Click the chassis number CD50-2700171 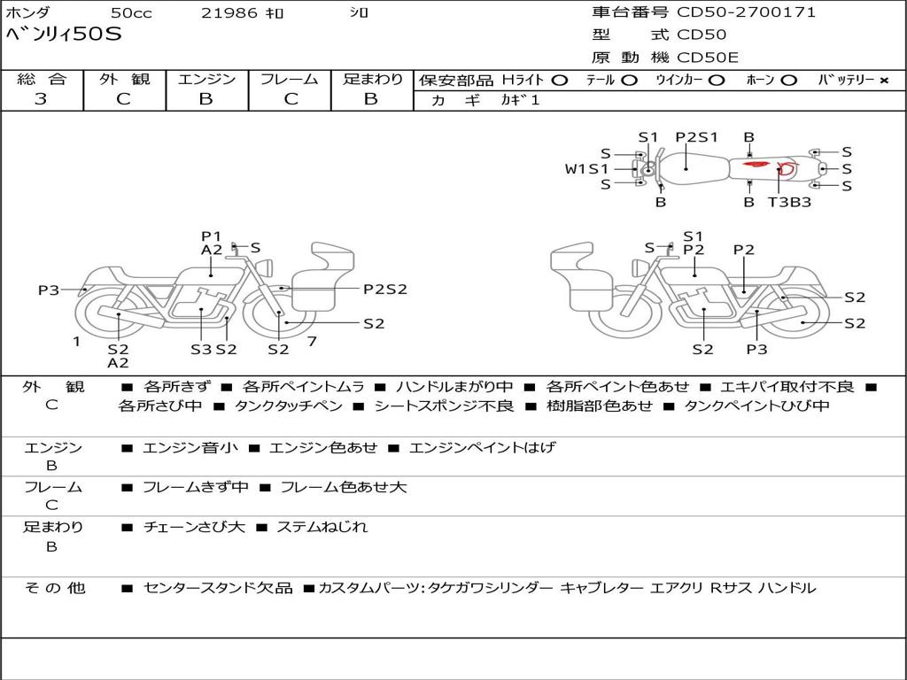click(746, 12)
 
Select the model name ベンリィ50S click(64, 35)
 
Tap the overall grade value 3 click(41, 99)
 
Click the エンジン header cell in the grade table click(206, 79)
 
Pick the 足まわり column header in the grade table click(373, 79)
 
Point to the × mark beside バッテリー click(884, 81)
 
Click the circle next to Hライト click(560, 81)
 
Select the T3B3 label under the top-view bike click(789, 203)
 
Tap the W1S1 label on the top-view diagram click(586, 169)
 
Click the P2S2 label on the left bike click(385, 290)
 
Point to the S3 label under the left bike click(201, 349)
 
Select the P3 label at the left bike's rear click(49, 290)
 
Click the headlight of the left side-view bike click(267, 267)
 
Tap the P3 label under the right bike click(756, 349)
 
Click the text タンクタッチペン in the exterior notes click(289, 406)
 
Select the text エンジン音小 click(190, 447)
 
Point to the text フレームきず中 click(196, 488)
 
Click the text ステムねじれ click(322, 528)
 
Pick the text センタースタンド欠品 click(218, 589)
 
